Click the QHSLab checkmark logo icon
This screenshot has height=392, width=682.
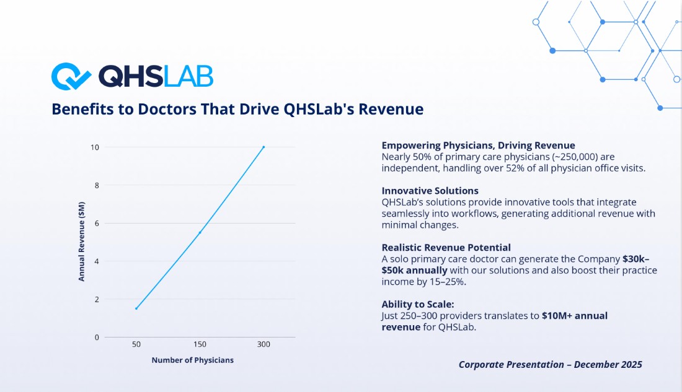tap(71, 77)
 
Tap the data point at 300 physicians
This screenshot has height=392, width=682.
tap(263, 147)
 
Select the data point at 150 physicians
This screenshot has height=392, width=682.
tap(200, 232)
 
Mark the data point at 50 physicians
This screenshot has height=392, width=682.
tap(136, 308)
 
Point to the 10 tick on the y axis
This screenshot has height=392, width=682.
tap(95, 147)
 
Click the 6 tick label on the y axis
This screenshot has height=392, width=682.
tap(97, 224)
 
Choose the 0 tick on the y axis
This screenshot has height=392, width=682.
tap(97, 338)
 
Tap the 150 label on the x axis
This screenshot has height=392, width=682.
tap(200, 344)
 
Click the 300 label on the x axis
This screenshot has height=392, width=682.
tap(263, 344)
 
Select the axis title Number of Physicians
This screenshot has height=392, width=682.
tap(193, 360)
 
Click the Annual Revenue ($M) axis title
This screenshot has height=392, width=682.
tap(81, 242)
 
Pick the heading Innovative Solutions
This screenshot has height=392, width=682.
tap(430, 191)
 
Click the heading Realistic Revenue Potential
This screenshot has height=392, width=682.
tap(446, 248)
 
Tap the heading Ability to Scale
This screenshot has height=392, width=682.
tap(417, 304)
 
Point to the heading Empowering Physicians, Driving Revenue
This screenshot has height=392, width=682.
tap(479, 146)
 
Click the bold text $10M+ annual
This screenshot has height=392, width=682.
tap(575, 316)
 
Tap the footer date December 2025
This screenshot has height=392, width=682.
tap(608, 365)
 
